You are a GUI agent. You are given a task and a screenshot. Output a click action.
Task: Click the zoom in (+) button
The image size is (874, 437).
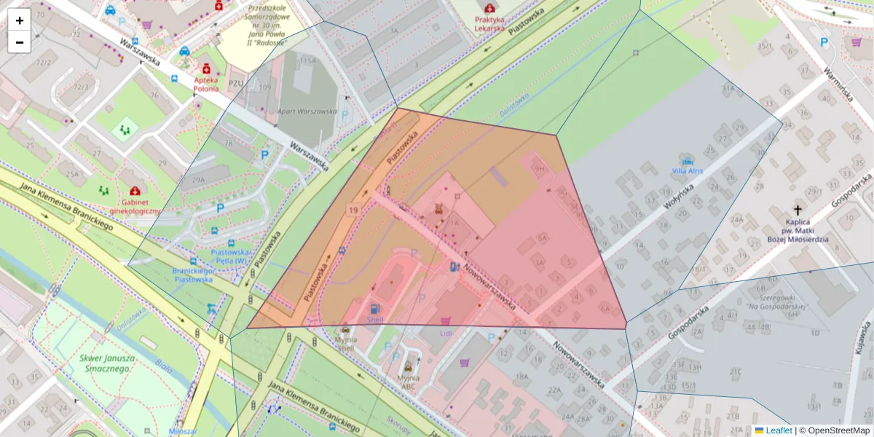click(x=19, y=20)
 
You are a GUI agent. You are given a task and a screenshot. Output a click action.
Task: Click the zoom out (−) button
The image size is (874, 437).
click(x=19, y=42)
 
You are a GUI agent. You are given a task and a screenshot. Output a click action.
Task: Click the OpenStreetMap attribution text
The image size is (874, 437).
click(x=834, y=430)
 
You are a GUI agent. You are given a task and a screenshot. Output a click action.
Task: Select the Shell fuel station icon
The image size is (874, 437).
click(x=374, y=309)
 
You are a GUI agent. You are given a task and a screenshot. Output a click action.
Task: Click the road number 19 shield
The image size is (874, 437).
click(x=353, y=210)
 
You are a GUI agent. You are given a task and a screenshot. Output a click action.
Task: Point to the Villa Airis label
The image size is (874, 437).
click(x=687, y=170)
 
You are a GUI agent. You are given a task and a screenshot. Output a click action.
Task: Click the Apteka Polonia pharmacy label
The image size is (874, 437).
click(x=206, y=84)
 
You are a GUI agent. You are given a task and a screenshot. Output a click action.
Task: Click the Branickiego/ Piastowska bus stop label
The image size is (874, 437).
click(x=192, y=275)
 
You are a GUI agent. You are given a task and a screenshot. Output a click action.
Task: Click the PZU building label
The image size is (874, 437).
click(x=235, y=83)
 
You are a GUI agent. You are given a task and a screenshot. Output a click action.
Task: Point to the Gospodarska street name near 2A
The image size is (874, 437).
click(x=688, y=321)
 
